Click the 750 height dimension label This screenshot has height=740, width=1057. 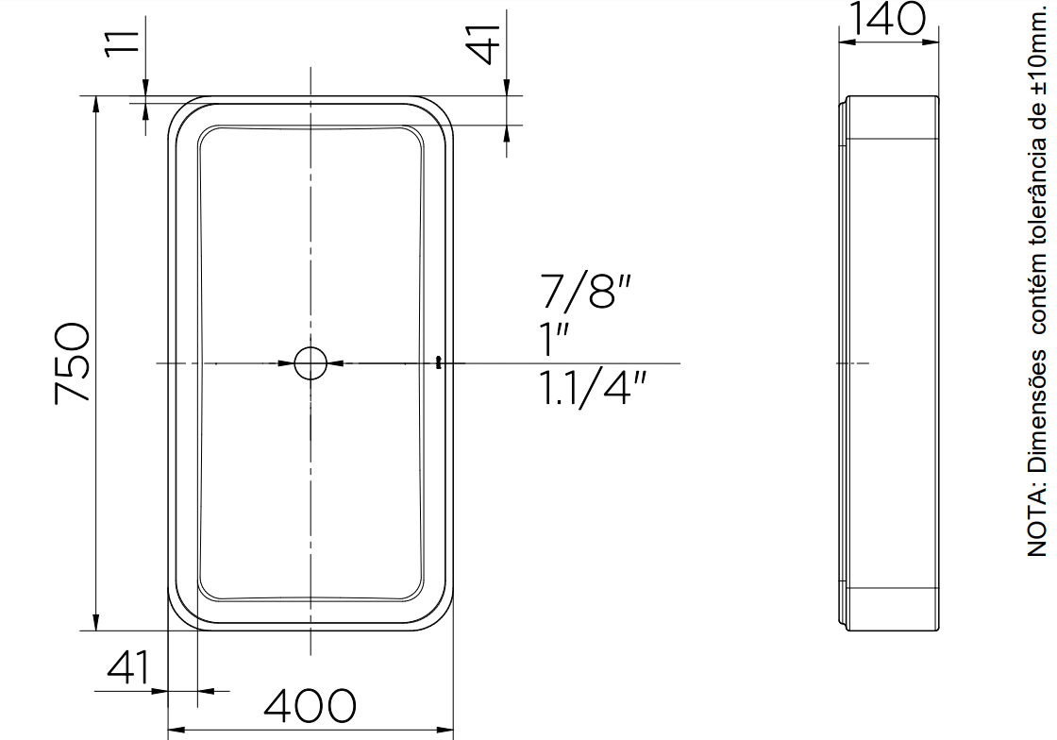(x=72, y=363)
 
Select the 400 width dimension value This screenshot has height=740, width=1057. (x=310, y=705)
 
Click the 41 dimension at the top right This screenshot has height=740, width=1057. (x=485, y=43)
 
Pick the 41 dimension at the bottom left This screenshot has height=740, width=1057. (x=128, y=667)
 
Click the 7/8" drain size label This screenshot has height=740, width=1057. (x=585, y=291)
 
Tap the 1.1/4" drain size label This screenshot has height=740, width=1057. (x=594, y=388)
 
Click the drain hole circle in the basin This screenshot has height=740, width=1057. (x=310, y=363)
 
